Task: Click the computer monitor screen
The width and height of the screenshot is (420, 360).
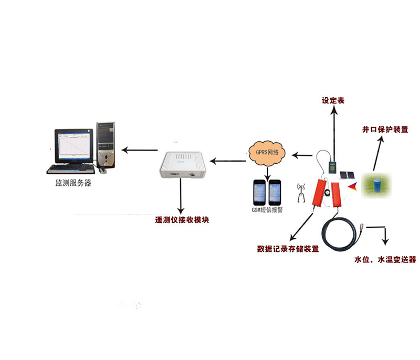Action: (74, 146)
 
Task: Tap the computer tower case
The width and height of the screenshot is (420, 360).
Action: (106, 145)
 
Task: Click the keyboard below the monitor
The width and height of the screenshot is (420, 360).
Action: (71, 169)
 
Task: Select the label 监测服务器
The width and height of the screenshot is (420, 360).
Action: (73, 183)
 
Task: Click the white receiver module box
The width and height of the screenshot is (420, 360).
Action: (183, 165)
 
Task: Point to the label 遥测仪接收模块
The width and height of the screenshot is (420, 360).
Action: (182, 220)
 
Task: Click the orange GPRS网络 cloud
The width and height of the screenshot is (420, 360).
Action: (267, 153)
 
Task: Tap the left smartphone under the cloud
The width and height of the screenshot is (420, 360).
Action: (259, 192)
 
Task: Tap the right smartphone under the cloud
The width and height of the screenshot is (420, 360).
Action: (275, 192)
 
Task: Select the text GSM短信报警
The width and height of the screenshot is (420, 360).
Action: (267, 210)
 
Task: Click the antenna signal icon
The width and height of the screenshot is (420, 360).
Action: (301, 193)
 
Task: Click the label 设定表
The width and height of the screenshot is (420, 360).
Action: (333, 101)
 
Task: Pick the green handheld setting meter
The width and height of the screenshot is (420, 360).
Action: (333, 168)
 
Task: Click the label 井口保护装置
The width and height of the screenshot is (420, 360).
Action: (385, 130)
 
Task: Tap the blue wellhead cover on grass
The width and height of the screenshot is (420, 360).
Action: (377, 185)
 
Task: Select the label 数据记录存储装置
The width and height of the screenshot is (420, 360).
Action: (288, 249)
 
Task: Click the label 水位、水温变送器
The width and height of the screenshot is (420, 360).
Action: (385, 260)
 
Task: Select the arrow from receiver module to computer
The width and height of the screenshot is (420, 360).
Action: (139, 150)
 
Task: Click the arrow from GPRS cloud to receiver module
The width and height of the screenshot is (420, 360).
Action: (228, 161)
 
